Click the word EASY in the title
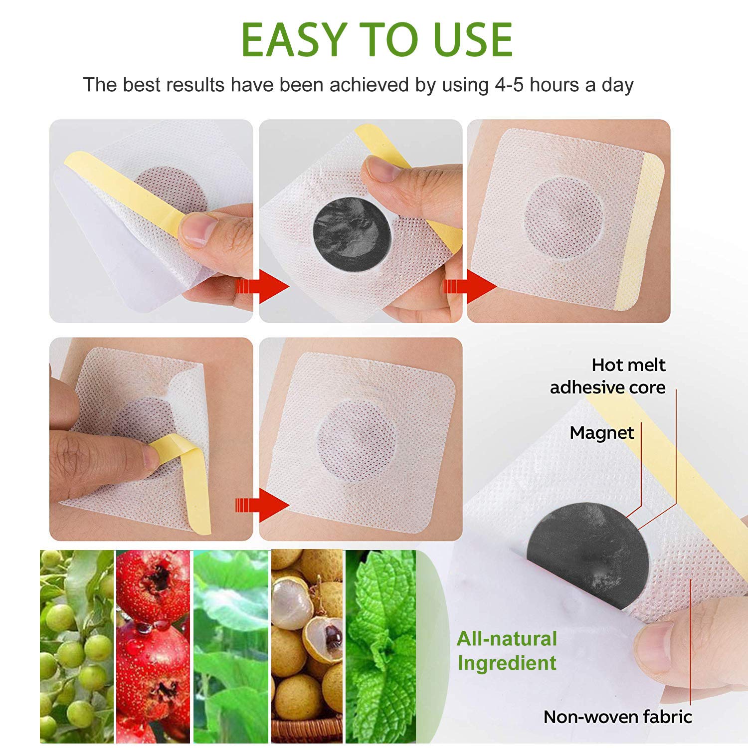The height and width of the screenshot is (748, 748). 294,40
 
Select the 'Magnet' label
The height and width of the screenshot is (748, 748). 601,433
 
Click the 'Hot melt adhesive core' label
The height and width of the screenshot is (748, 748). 608,376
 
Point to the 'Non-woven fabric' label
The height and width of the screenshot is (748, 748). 618,717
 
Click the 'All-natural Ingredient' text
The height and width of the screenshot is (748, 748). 507,651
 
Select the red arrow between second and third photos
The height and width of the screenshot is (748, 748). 471,286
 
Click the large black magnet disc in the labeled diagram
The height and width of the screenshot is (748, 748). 588,554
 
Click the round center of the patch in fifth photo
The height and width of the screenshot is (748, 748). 356,440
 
